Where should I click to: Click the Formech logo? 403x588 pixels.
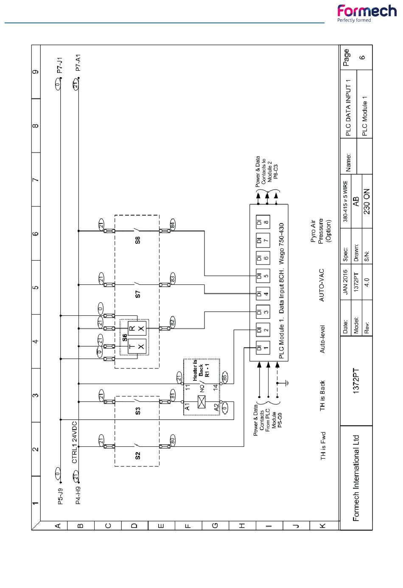click(367, 13)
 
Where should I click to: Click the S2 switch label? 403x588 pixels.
click(137, 456)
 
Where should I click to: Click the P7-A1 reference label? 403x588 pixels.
click(78, 62)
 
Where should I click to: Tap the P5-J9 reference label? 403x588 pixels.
click(60, 497)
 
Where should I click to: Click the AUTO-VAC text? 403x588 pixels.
click(322, 285)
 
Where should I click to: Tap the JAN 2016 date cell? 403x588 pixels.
click(346, 281)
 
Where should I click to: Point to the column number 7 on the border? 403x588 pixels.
click(36, 179)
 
